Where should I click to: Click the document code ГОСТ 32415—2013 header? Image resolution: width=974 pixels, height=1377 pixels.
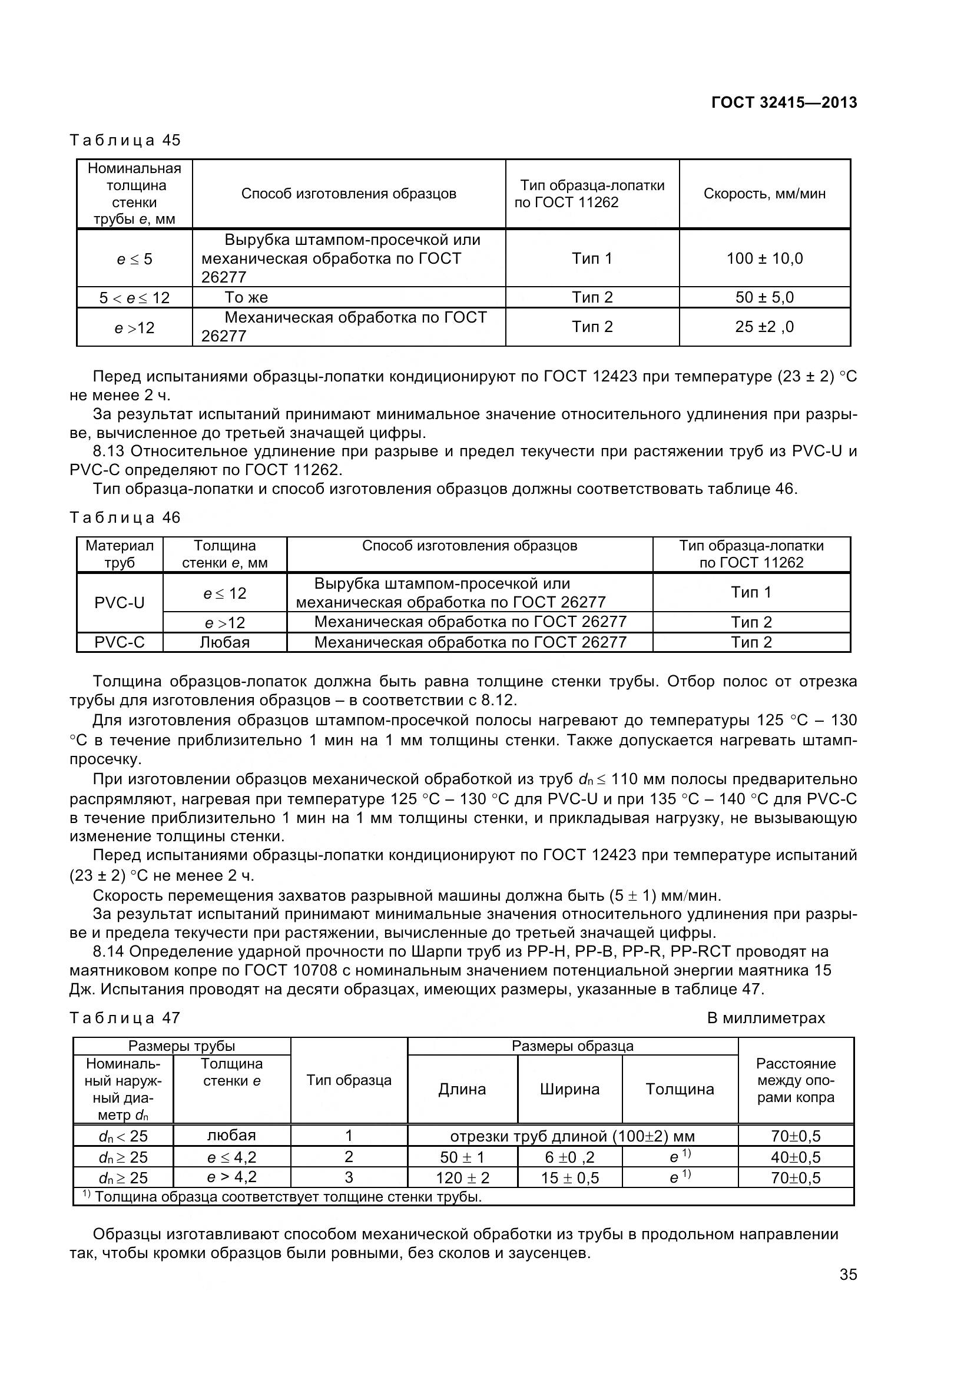(x=784, y=102)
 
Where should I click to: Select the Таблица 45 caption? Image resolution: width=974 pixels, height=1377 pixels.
(x=125, y=140)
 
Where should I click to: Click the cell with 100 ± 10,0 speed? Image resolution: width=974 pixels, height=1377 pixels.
(x=765, y=258)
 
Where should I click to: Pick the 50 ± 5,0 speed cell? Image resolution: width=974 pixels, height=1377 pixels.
(x=765, y=297)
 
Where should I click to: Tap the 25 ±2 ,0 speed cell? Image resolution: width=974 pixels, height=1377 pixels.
(x=765, y=327)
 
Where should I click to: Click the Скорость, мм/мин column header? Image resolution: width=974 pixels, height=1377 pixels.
(x=765, y=194)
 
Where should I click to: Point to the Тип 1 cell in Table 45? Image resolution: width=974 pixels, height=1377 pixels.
(x=592, y=258)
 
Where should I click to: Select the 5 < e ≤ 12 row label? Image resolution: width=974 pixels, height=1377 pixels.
(x=134, y=297)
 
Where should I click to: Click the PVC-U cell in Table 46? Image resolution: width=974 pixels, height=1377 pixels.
(x=120, y=603)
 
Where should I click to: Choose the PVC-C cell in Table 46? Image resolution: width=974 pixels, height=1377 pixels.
(x=120, y=642)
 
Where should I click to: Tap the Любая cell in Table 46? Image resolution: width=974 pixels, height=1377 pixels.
(x=224, y=642)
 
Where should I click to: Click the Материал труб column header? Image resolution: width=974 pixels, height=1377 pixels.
(x=120, y=554)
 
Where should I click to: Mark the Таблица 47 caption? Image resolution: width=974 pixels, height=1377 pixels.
(x=125, y=1018)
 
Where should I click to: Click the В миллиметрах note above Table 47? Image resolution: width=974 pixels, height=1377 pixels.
(x=766, y=1018)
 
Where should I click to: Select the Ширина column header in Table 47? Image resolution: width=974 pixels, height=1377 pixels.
(x=569, y=1089)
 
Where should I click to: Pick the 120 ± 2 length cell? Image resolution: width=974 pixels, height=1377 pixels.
(x=462, y=1178)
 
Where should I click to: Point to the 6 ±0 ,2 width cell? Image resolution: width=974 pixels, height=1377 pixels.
(x=569, y=1157)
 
